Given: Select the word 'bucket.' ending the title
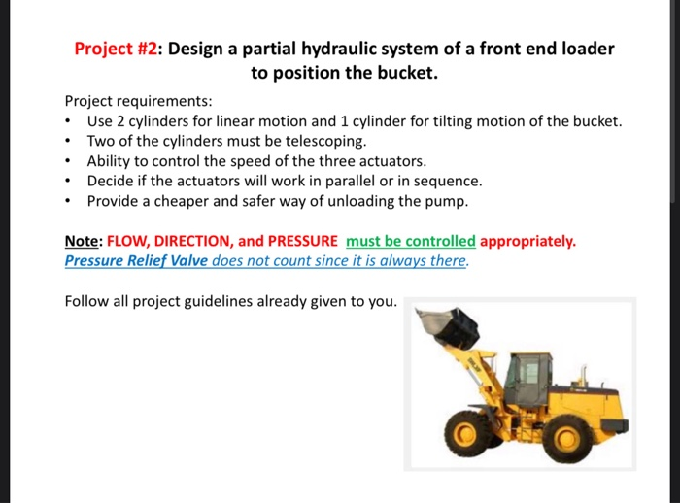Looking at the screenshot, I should [x=397, y=73].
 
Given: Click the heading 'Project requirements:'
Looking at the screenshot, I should [x=138, y=101].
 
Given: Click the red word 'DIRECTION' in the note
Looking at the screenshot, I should [x=193, y=241].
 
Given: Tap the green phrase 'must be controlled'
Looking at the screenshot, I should [x=410, y=241].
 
